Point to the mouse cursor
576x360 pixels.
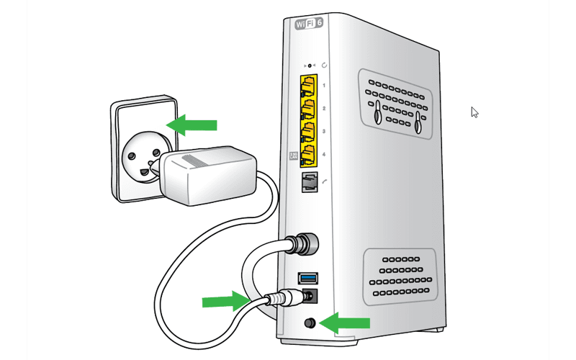coord(474,112)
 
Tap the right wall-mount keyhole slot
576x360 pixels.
coord(417,120)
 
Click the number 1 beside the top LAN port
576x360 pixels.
coord(325,86)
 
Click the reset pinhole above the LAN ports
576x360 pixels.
coord(310,66)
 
